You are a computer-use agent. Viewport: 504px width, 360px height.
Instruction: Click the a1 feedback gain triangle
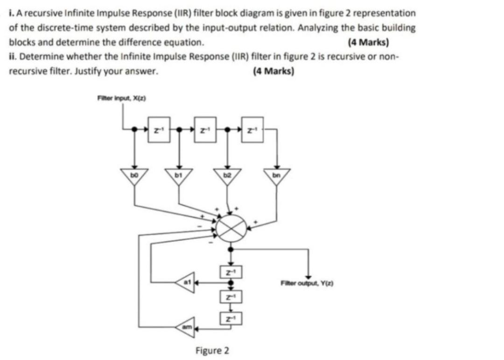(x=185, y=282)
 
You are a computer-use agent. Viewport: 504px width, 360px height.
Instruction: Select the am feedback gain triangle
(x=185, y=329)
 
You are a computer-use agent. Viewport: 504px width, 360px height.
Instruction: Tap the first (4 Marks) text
(x=368, y=42)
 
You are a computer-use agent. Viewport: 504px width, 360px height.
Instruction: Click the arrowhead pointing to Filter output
(x=308, y=276)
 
